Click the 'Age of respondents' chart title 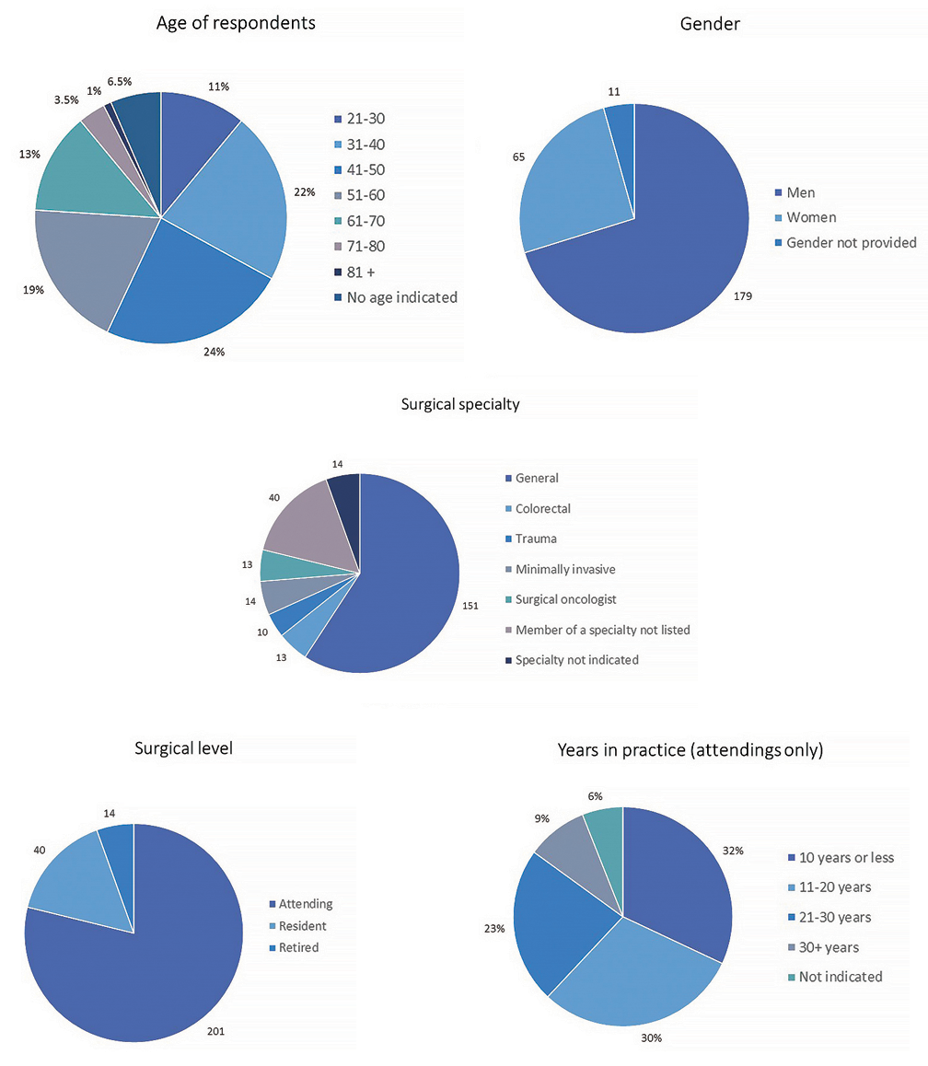[237, 24]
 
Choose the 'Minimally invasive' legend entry [564, 570]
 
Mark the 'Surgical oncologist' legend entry [565, 599]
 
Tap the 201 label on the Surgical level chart [215, 1032]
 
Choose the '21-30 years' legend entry [833, 918]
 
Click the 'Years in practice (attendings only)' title [690, 750]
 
